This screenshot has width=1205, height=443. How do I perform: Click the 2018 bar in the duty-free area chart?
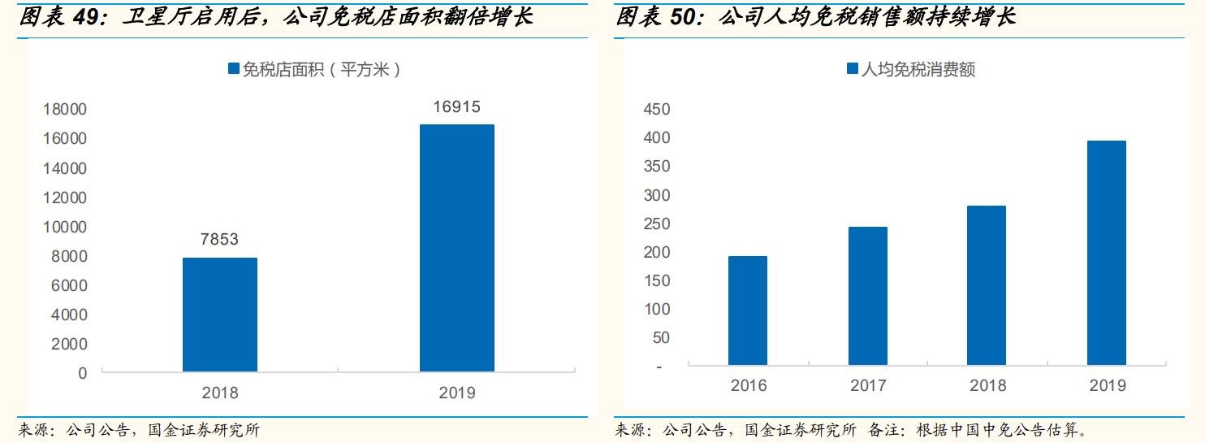(x=219, y=315)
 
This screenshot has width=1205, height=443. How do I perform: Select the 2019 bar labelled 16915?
(x=456, y=248)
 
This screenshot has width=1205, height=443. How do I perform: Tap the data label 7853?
(x=219, y=239)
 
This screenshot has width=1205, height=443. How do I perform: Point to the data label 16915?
(x=456, y=106)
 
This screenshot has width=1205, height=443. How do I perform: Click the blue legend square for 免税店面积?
(x=234, y=70)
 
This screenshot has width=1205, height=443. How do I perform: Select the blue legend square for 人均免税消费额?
(x=852, y=70)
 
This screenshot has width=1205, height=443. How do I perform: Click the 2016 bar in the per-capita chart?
(x=747, y=311)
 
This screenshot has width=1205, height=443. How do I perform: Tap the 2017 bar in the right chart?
(x=867, y=296)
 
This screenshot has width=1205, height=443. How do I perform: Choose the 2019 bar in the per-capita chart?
(x=1106, y=253)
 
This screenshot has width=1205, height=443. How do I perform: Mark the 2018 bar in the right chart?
(x=987, y=285)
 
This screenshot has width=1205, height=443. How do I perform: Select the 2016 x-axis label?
(x=748, y=386)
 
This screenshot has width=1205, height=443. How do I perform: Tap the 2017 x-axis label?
(x=868, y=386)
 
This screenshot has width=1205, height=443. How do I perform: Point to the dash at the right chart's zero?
(x=659, y=367)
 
